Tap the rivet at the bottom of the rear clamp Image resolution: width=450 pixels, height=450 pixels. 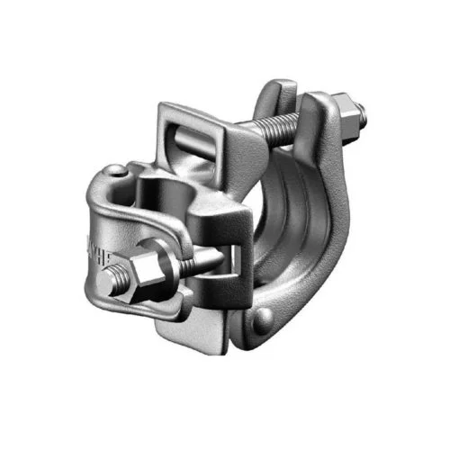261,317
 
